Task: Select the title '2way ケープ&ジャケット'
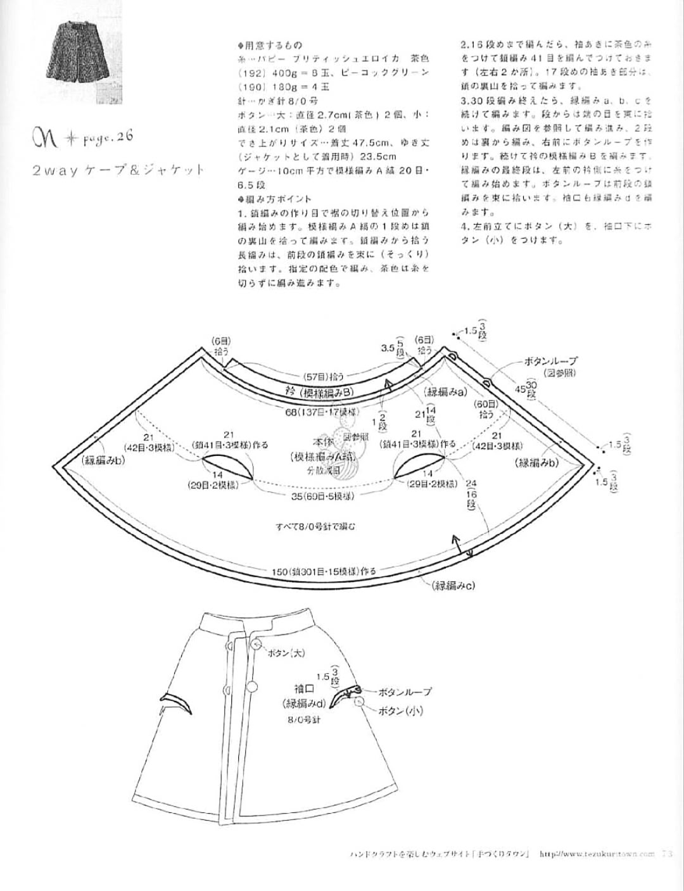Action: (x=118, y=169)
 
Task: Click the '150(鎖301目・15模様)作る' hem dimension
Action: (x=324, y=571)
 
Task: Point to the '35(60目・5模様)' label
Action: (x=322, y=496)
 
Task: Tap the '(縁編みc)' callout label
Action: (x=453, y=586)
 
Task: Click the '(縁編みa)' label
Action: (x=447, y=391)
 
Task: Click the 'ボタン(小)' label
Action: (x=401, y=711)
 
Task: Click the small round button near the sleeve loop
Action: (x=360, y=700)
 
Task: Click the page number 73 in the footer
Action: (x=666, y=854)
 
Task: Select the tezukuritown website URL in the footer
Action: (x=597, y=854)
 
